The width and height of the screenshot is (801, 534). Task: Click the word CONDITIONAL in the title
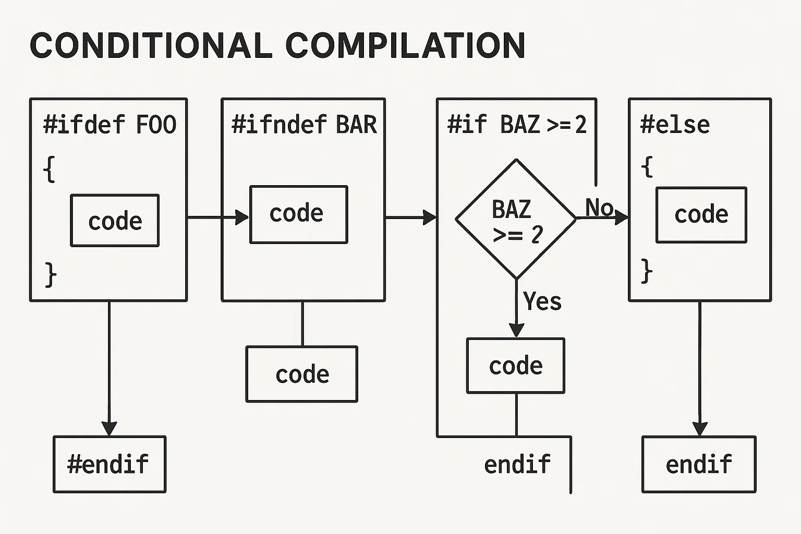pyautogui.click(x=151, y=45)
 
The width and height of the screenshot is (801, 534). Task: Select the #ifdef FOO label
pyautogui.click(x=110, y=125)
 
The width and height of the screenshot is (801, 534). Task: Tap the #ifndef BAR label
pyautogui.click(x=304, y=125)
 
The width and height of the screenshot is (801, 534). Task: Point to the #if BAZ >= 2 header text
pyautogui.click(x=516, y=125)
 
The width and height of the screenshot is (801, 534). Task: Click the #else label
pyautogui.click(x=675, y=125)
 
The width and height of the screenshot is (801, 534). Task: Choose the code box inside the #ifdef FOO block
pyautogui.click(x=115, y=221)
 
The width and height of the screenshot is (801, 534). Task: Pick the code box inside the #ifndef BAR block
pyautogui.click(x=298, y=214)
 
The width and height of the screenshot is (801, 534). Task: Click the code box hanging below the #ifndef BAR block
pyautogui.click(x=301, y=374)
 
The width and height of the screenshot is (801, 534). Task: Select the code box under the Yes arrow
pyautogui.click(x=515, y=366)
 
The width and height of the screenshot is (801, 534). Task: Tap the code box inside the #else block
pyautogui.click(x=701, y=215)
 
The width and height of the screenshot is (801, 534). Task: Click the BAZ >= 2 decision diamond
pyautogui.click(x=516, y=220)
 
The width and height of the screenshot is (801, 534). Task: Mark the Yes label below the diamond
pyautogui.click(x=542, y=301)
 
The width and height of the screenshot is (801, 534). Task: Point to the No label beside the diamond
pyautogui.click(x=599, y=208)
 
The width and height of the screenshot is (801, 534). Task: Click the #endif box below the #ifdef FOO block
pyautogui.click(x=109, y=464)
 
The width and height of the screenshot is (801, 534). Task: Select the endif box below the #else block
pyautogui.click(x=698, y=464)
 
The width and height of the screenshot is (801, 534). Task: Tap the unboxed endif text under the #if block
pyautogui.click(x=517, y=464)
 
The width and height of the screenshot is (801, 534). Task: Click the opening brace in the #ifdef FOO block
pyautogui.click(x=50, y=169)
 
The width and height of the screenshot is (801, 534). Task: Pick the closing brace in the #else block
pyautogui.click(x=647, y=271)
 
